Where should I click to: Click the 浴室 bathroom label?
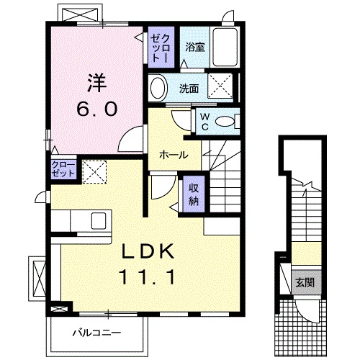click(194, 48)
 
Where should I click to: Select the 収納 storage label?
click(193, 192)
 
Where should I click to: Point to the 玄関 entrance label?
click(303, 282)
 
